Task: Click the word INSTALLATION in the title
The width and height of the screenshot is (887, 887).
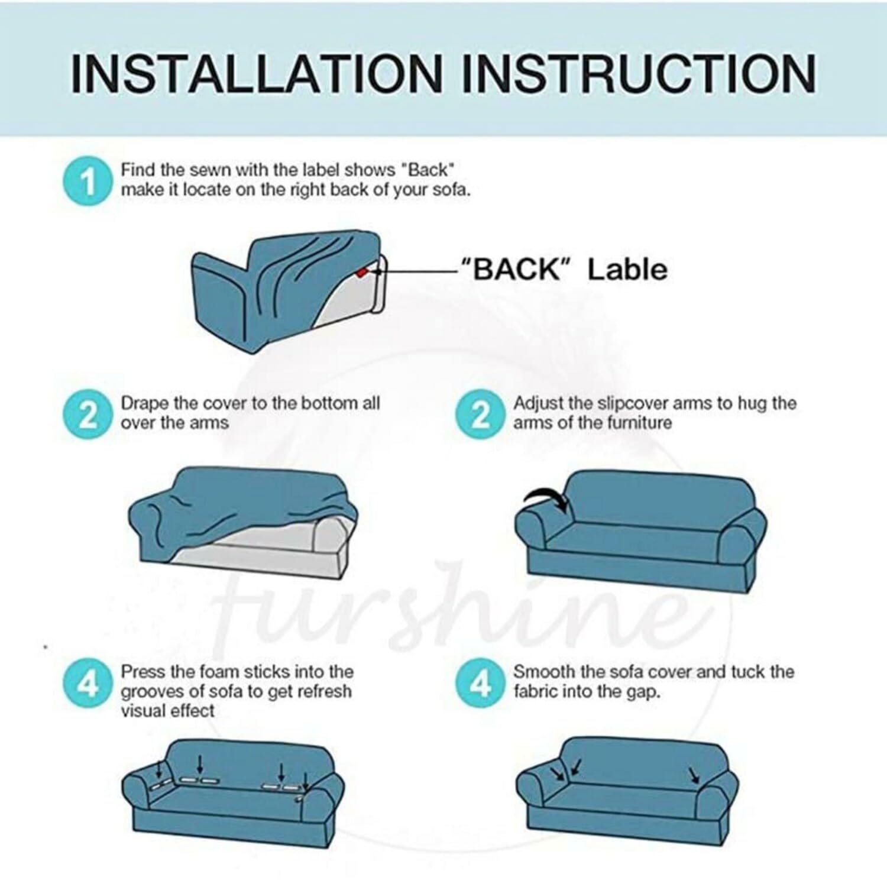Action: click(x=257, y=73)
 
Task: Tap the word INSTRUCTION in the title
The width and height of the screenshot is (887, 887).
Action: click(x=639, y=73)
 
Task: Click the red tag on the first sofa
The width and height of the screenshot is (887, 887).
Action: click(x=362, y=272)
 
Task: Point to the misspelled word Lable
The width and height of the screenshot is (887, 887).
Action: click(x=627, y=270)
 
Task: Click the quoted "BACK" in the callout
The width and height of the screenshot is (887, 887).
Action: click(x=510, y=270)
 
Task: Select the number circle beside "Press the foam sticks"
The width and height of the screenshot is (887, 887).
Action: click(x=88, y=684)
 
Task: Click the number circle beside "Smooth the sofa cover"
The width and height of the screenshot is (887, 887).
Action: click(x=480, y=684)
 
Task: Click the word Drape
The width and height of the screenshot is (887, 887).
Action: click(x=144, y=404)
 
